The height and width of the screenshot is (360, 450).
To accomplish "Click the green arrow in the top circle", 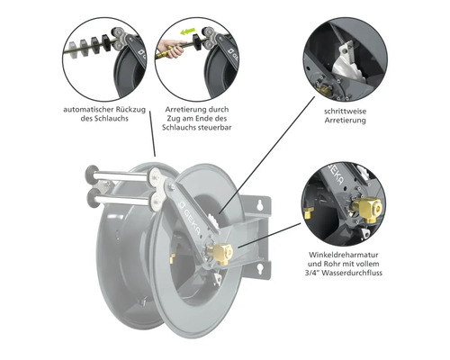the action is click(x=188, y=31).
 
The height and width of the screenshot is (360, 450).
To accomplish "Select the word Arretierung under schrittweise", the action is click(x=346, y=121).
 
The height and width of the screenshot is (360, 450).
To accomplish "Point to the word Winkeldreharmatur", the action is click(x=344, y=255).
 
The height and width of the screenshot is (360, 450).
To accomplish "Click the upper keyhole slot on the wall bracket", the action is click(x=260, y=205).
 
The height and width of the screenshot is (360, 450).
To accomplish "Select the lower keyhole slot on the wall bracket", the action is click(x=260, y=268).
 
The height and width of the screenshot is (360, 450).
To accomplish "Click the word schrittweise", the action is click(x=346, y=112).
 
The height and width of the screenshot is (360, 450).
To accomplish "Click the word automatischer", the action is click(x=88, y=110).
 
